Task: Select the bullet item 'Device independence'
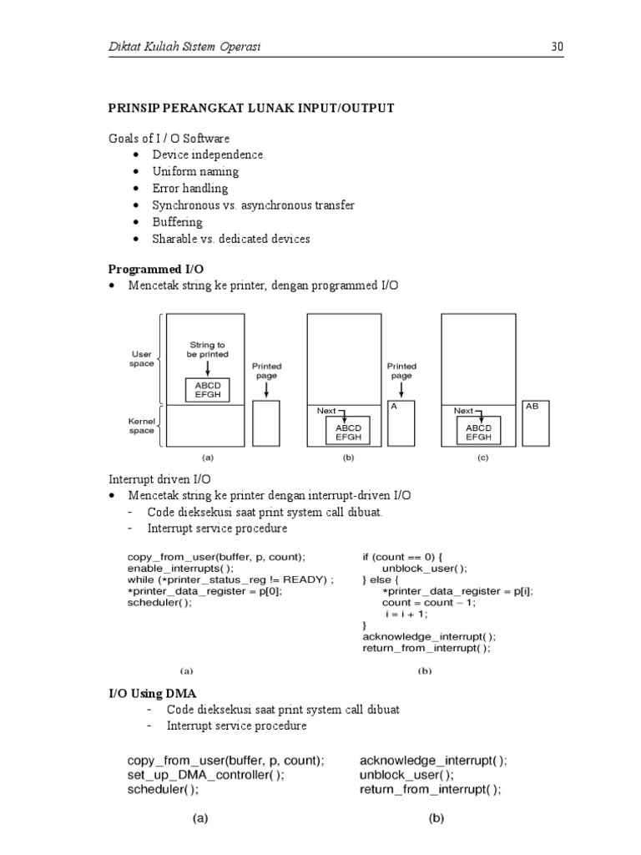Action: [207, 154]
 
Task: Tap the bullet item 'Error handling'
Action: [189, 188]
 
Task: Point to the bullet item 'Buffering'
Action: [177, 222]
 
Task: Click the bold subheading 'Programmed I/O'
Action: [156, 269]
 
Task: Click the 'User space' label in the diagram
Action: [142, 358]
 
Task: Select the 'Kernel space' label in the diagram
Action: [142, 426]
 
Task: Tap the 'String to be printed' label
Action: [207, 349]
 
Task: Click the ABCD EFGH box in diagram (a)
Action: [208, 390]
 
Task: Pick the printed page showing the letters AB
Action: [536, 423]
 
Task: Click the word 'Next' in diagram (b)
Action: [326, 411]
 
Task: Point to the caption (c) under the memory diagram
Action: [482, 458]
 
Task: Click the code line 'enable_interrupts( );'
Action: [176, 568]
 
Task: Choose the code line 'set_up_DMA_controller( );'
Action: [206, 774]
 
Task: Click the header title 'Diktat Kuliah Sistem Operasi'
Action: [185, 47]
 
